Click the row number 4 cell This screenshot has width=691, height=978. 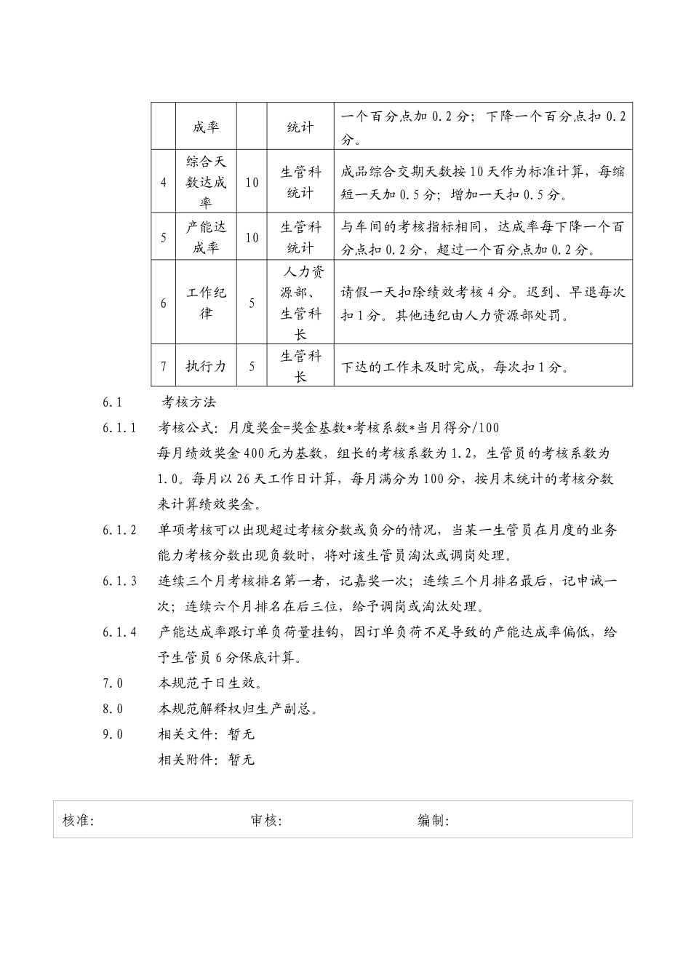tap(164, 182)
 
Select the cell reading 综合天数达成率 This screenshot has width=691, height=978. tap(207, 182)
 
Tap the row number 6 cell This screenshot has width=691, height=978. tap(164, 303)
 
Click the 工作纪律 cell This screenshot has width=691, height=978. tap(207, 303)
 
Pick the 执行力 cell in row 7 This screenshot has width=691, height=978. tap(207, 366)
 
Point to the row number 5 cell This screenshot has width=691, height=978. tap(164, 237)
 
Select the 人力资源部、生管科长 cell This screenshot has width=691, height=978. tap(300, 303)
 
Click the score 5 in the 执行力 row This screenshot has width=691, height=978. tap(252, 366)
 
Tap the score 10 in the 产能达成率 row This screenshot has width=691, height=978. tap(252, 237)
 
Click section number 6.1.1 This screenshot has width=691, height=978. tap(119, 428)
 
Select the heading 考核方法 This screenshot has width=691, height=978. tap(188, 402)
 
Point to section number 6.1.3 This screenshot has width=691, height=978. tap(119, 581)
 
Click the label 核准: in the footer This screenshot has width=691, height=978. tap(79, 820)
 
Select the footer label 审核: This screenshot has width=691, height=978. tap(266, 820)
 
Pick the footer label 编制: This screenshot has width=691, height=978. tap(433, 820)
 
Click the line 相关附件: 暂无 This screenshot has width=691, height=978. tap(207, 760)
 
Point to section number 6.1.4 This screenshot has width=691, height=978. tap(119, 632)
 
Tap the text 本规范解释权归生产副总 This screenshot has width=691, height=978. tap(238, 709)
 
